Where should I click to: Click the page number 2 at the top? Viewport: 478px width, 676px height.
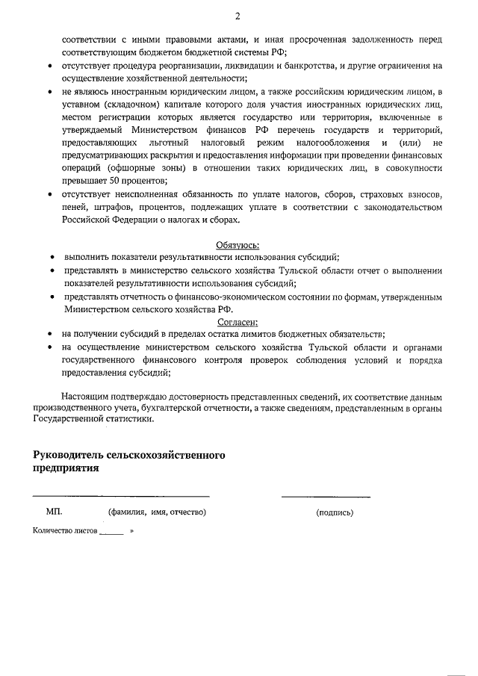click(238, 15)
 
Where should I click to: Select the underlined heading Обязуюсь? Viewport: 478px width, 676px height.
click(238, 244)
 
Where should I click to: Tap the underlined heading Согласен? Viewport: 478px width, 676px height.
click(238, 323)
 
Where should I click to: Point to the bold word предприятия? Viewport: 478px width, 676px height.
click(65, 468)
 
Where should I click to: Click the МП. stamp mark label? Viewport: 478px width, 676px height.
click(54, 512)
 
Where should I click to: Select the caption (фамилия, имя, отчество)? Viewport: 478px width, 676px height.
click(157, 512)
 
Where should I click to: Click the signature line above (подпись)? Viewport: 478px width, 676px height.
click(326, 497)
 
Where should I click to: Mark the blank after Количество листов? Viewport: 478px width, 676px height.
click(111, 533)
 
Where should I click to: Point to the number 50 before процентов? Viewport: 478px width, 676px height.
click(115, 180)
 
